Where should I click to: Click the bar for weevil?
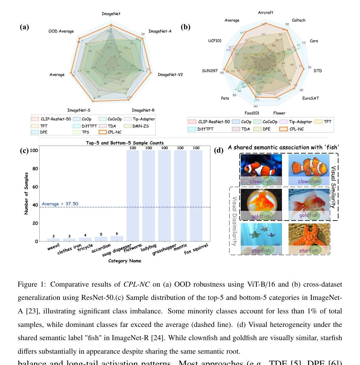pyautogui.click(x=53, y=240)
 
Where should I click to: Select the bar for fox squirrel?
pyautogui.click(x=196, y=195)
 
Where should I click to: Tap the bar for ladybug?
pyautogui.click(x=149, y=195)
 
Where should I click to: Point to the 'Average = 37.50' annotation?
pyautogui.click(x=60, y=204)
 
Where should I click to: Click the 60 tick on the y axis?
pyautogui.click(x=35, y=187)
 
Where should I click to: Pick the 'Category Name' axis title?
pyautogui.click(x=125, y=261)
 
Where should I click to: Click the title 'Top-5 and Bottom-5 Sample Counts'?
pyautogui.click(x=125, y=143)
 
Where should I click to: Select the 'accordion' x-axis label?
pyautogui.click(x=102, y=248)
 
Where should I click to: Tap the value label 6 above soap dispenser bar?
pyautogui.click(x=117, y=234)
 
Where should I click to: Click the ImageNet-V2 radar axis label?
pyautogui.click(x=170, y=75)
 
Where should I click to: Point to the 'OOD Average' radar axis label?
pyautogui.click(x=61, y=31)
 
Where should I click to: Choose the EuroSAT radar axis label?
pyautogui.click(x=310, y=98)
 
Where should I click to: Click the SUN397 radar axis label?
pyautogui.click(x=210, y=71)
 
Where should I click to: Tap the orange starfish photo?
pyautogui.click(x=309, y=239)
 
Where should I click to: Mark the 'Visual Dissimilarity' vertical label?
pyautogui.click(x=234, y=221)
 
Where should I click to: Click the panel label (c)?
pyautogui.click(x=24, y=150)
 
